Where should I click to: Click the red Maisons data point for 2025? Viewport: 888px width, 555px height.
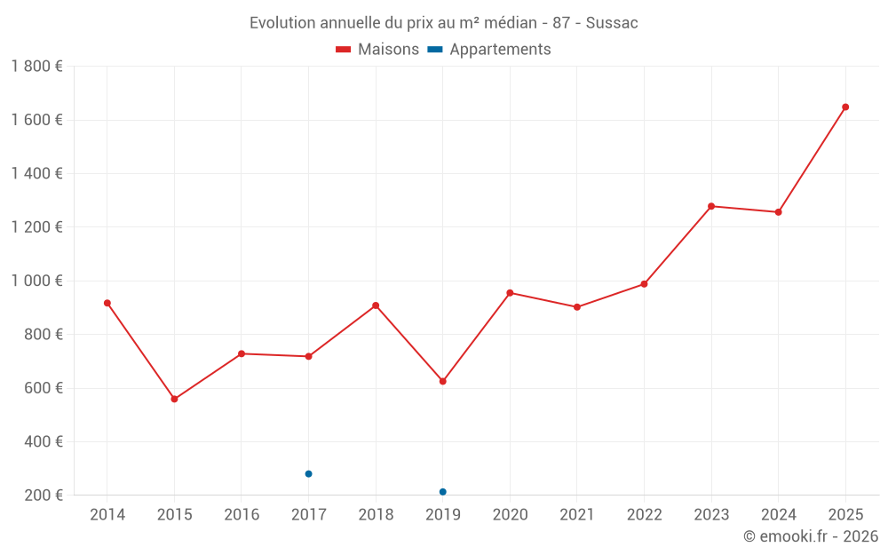tap(845, 107)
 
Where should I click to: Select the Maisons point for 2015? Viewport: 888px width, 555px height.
tap(174, 400)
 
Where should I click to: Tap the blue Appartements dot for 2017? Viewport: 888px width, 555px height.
tap(308, 474)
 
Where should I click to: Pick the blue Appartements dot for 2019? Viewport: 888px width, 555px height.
tap(442, 492)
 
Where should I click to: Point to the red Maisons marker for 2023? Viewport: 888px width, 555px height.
tap(711, 206)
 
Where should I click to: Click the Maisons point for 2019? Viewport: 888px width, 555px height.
tap(442, 382)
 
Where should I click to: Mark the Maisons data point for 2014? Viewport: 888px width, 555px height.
tap(107, 303)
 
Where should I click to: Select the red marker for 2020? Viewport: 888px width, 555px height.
tap(510, 293)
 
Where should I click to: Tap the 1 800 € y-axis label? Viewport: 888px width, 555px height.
tap(36, 67)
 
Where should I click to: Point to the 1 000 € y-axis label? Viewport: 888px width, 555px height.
tap(36, 281)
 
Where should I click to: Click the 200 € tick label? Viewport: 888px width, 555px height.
tap(43, 496)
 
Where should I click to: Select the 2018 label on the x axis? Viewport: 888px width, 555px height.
tap(376, 515)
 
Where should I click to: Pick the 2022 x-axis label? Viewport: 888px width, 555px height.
tap(644, 515)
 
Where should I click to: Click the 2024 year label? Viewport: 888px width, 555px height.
tap(778, 515)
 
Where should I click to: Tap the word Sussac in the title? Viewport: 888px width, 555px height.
tap(612, 23)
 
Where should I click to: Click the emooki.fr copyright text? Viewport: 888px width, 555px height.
tap(810, 536)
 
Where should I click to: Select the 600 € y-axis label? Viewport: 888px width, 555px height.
tap(43, 388)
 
